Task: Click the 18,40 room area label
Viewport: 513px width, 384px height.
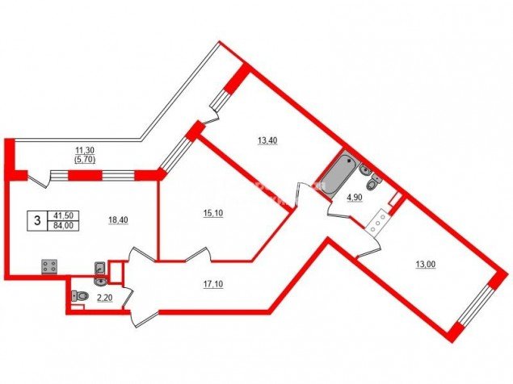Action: click(x=118, y=220)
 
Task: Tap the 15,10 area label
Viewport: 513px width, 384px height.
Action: click(x=213, y=213)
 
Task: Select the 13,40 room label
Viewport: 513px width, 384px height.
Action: click(x=267, y=140)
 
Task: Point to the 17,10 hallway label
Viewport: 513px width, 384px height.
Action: click(x=213, y=284)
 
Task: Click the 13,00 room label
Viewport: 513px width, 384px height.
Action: click(x=426, y=264)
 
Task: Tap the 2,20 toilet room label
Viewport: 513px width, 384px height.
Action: click(x=105, y=298)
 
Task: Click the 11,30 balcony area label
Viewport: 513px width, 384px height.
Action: click(x=85, y=150)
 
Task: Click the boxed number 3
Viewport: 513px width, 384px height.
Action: click(x=37, y=220)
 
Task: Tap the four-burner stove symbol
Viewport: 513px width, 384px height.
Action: click(x=49, y=266)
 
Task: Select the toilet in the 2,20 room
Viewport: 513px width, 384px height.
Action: click(x=80, y=296)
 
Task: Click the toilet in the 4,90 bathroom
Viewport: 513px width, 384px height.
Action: click(x=372, y=184)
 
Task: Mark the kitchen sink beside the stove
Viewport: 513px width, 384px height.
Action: click(x=99, y=268)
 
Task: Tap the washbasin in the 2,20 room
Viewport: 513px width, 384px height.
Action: click(x=100, y=281)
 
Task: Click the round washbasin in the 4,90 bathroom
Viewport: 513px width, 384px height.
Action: click(x=365, y=169)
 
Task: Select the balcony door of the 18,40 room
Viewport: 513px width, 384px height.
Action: click(x=39, y=179)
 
